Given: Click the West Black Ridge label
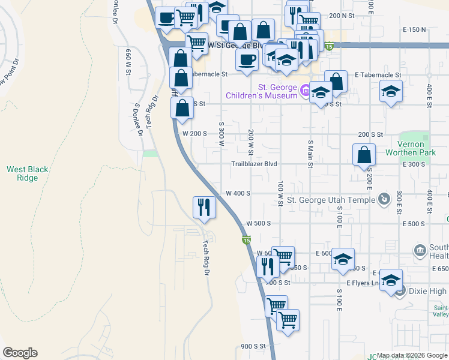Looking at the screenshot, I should point(27,174).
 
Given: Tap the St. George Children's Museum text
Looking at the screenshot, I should point(262,91).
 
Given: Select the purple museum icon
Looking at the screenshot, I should point(305,91).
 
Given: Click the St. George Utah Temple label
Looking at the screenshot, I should point(331,200).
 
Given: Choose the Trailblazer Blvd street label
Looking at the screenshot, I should point(255,164).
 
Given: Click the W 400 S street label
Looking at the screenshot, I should point(238,193).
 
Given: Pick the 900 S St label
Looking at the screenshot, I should point(253,346).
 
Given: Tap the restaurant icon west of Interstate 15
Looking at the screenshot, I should point(204,207).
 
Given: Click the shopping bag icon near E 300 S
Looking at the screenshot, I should point(364,155).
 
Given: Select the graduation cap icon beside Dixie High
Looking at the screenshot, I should point(391,281).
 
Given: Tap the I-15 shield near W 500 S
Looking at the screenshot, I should point(246,241).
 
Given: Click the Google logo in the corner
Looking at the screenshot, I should point(20,353).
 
